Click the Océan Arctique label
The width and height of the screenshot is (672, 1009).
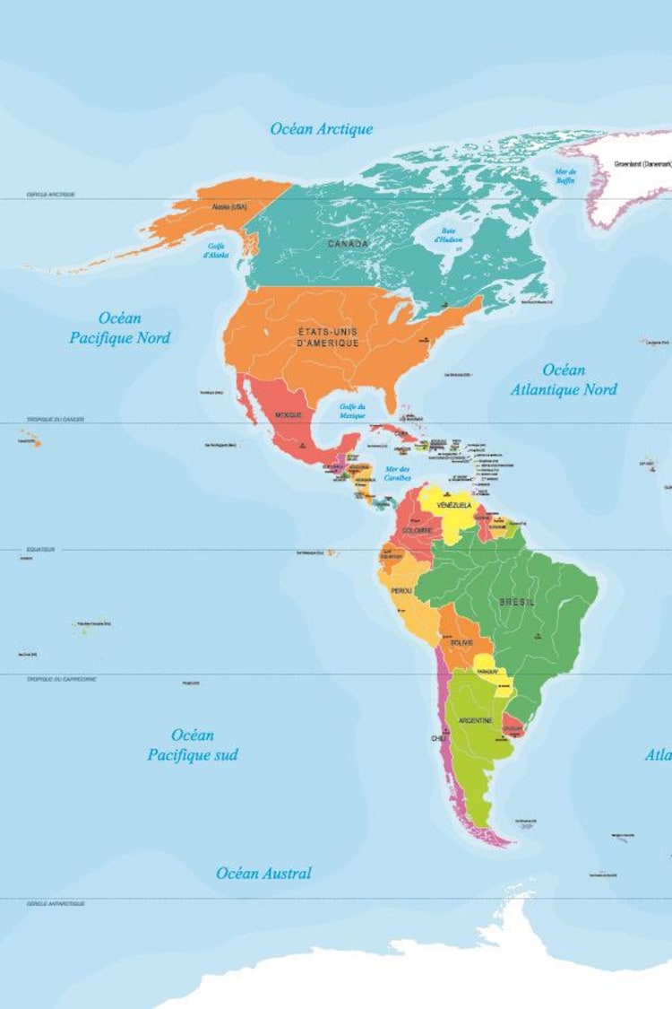coord(322,129)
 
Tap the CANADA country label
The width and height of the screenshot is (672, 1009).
coord(347,244)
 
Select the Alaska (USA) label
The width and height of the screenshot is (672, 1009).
coord(228,207)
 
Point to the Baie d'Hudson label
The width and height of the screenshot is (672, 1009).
coord(447,235)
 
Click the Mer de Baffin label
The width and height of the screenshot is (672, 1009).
coord(565,176)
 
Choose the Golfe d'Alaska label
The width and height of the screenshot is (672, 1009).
coord(216,250)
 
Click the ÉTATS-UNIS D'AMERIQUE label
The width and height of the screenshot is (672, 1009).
coord(328,337)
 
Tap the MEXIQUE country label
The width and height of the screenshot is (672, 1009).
coord(288,415)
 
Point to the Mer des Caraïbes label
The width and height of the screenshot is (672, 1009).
coord(397,473)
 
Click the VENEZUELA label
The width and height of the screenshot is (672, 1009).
coord(454,506)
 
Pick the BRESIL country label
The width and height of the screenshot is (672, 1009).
coord(517,602)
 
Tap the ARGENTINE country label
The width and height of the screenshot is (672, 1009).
coord(475,720)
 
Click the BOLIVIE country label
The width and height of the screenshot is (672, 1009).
coord(461,643)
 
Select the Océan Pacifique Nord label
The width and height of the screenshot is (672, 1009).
coord(120,328)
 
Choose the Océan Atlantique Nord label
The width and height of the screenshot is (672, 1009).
coord(564,379)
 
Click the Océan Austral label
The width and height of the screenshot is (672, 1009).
coord(263,873)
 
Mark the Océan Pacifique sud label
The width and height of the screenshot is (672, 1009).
coord(193,745)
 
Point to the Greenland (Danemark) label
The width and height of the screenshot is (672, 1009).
coord(642,165)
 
